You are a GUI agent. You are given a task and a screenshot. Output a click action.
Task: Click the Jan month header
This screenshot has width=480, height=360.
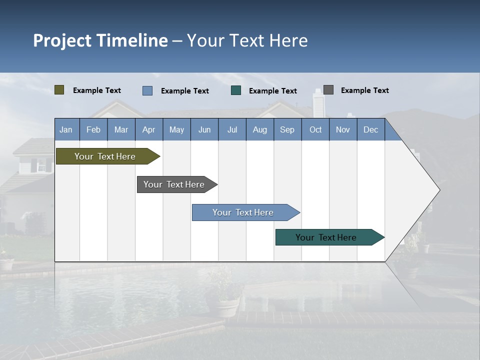click(66, 129)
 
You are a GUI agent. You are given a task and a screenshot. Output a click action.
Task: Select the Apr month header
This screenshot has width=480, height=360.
click(148, 129)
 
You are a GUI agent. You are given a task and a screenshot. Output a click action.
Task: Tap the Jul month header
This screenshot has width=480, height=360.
click(232, 129)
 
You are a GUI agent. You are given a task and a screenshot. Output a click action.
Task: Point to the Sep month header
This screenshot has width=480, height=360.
click(287, 129)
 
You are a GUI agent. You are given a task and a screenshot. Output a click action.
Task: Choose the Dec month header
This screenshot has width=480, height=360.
click(370, 129)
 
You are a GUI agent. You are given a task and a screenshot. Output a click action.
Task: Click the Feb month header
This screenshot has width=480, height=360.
click(93, 129)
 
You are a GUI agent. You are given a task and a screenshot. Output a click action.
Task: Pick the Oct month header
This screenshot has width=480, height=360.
click(315, 129)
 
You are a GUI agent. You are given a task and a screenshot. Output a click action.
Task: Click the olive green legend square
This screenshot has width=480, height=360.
click(59, 90)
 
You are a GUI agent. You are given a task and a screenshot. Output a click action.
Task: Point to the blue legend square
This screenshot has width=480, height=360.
click(147, 90)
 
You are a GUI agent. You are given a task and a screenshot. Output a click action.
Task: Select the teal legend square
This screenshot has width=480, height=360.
click(236, 90)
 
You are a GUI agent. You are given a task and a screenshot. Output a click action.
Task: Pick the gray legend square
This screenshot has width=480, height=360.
click(328, 90)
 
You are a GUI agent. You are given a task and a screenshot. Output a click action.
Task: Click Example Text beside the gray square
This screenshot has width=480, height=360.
click(364, 90)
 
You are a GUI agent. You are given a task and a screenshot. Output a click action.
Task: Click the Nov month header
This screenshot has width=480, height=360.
click(343, 129)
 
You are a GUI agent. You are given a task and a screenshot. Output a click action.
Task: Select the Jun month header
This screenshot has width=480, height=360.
click(204, 129)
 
